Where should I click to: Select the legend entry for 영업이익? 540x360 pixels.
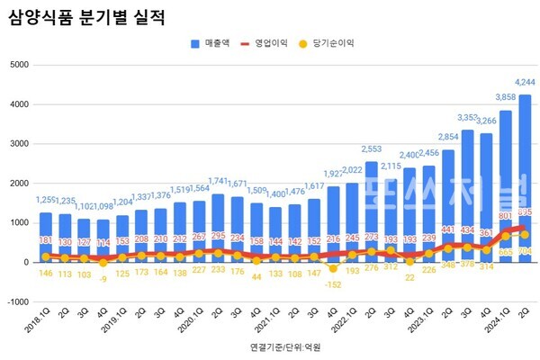click(270, 42)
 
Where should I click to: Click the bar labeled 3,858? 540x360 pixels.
click(505, 180)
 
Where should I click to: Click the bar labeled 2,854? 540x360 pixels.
click(447, 202)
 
